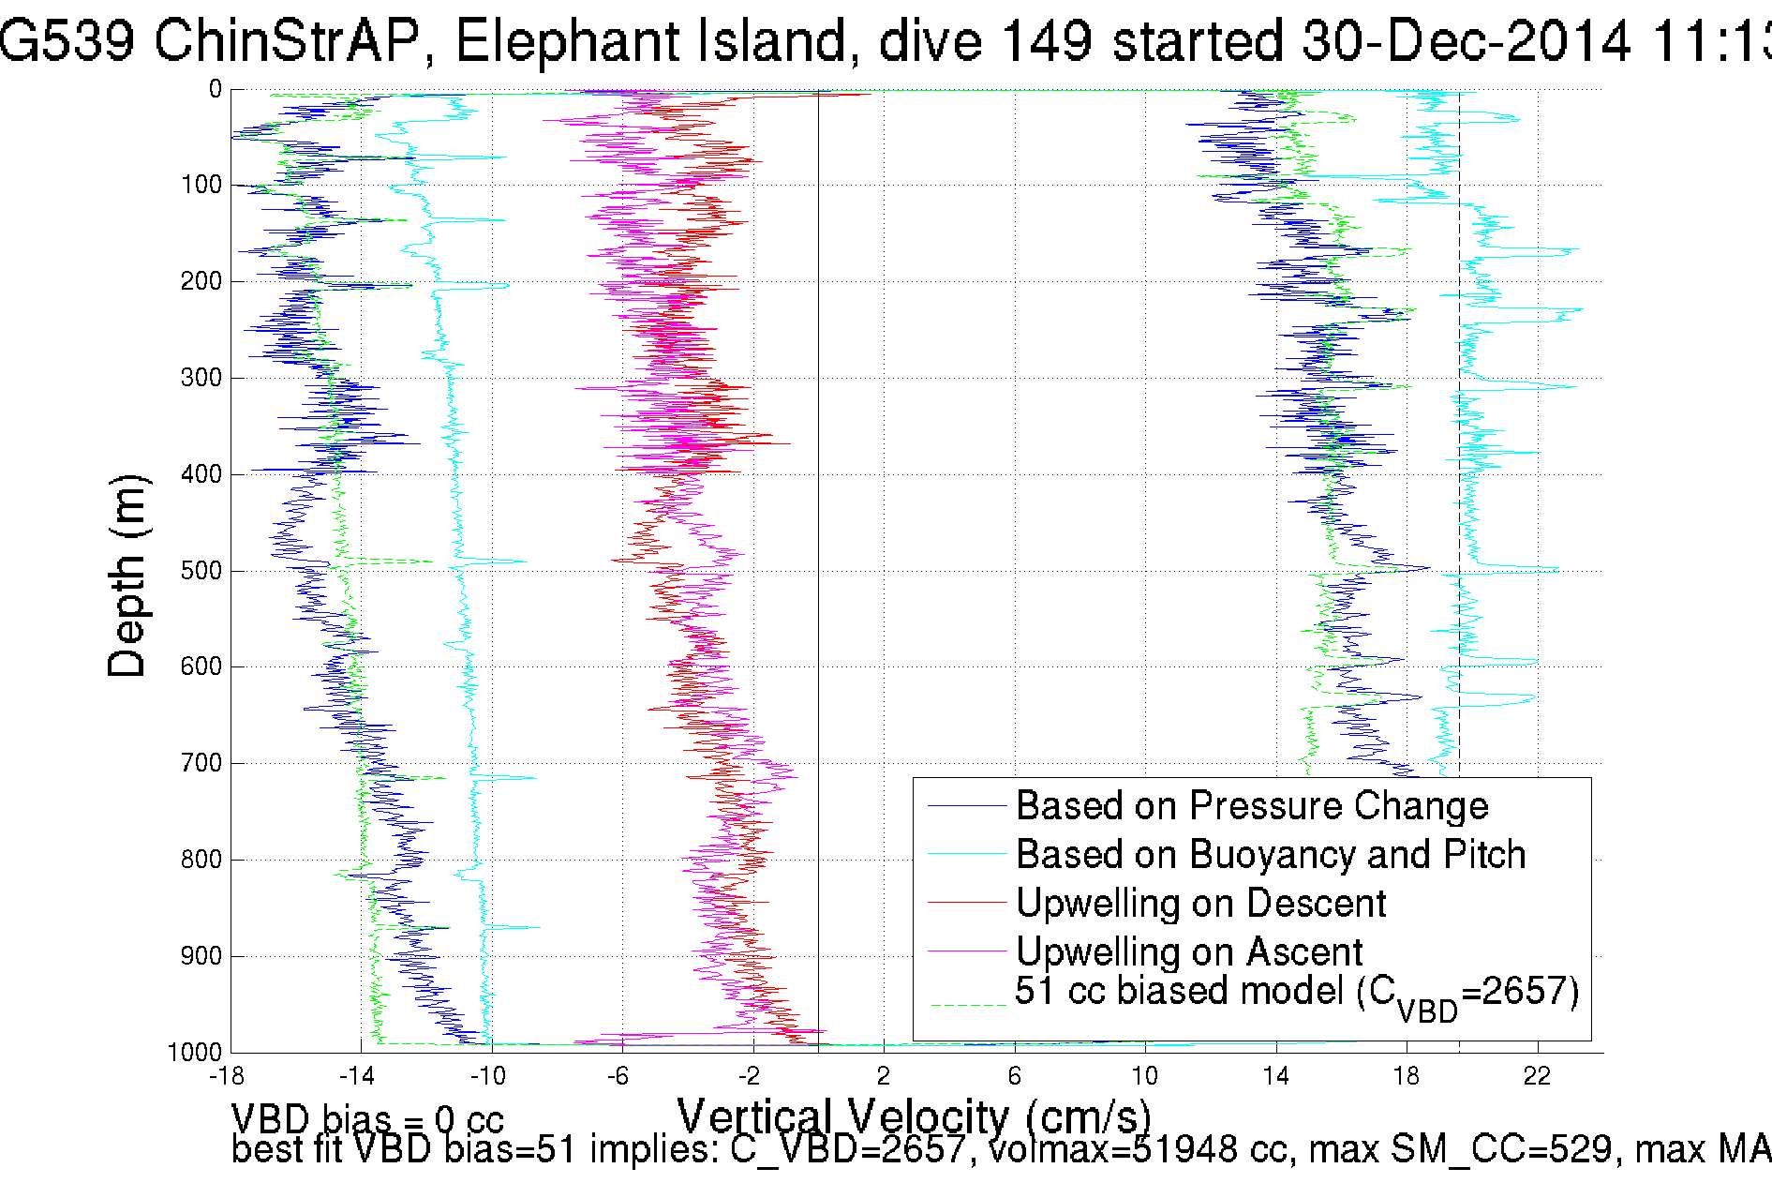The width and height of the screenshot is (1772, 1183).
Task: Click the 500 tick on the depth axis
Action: [x=201, y=571]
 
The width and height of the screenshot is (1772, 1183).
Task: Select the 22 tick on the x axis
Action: [x=1537, y=1076]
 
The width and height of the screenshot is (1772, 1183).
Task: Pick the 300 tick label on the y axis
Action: [x=201, y=378]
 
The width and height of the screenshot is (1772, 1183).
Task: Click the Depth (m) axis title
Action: [x=127, y=576]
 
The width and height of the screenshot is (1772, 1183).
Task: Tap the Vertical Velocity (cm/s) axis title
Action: [x=914, y=1117]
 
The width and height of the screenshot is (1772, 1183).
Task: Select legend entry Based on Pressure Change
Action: [x=1252, y=806]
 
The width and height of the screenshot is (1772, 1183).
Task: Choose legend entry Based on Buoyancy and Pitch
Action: [x=1271, y=855]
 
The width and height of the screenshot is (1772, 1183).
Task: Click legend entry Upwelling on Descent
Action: [x=1200, y=904]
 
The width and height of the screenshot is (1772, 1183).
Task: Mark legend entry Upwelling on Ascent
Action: [x=1189, y=952]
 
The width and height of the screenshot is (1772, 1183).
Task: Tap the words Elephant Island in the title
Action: [x=650, y=42]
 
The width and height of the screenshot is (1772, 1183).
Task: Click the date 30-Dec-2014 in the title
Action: [x=1467, y=42]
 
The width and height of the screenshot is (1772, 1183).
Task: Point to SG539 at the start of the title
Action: [x=66, y=42]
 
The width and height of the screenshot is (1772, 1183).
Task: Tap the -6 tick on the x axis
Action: [x=618, y=1076]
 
